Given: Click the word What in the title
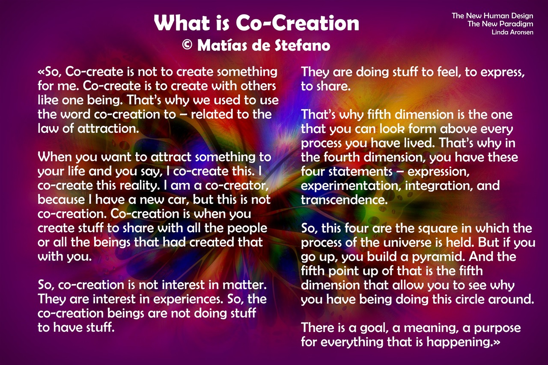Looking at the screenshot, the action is pos(182,23).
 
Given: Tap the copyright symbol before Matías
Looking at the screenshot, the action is pos(188,45).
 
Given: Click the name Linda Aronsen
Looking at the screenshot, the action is pos(512,32).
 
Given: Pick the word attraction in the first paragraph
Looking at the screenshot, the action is pos(108,129).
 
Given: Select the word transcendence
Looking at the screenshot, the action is pos(344,200).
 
